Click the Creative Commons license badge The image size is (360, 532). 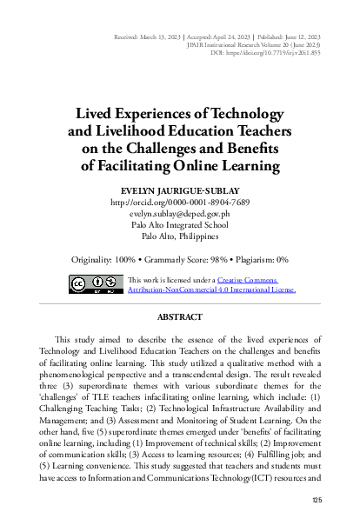pos(92,284)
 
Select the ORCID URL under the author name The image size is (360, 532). pos(180,203)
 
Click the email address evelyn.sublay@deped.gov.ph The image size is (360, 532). pos(180,214)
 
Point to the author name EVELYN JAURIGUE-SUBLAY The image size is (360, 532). pos(180,190)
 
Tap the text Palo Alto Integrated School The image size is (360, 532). pos(180,225)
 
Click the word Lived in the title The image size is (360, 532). pos(94,114)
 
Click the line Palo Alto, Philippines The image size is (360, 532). pos(180,236)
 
